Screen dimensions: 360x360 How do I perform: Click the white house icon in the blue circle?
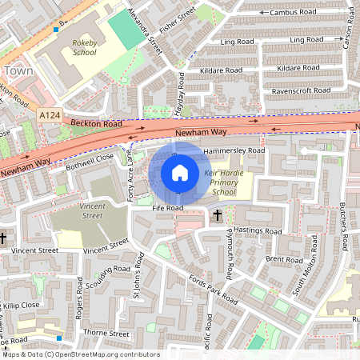180,173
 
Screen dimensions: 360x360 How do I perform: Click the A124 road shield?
50,116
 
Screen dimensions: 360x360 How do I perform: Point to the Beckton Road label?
95,124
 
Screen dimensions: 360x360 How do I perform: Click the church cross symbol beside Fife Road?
217,215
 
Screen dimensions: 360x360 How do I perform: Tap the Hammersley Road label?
234,150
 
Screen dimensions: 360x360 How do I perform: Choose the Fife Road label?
168,208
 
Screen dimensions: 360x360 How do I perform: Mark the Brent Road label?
284,260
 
